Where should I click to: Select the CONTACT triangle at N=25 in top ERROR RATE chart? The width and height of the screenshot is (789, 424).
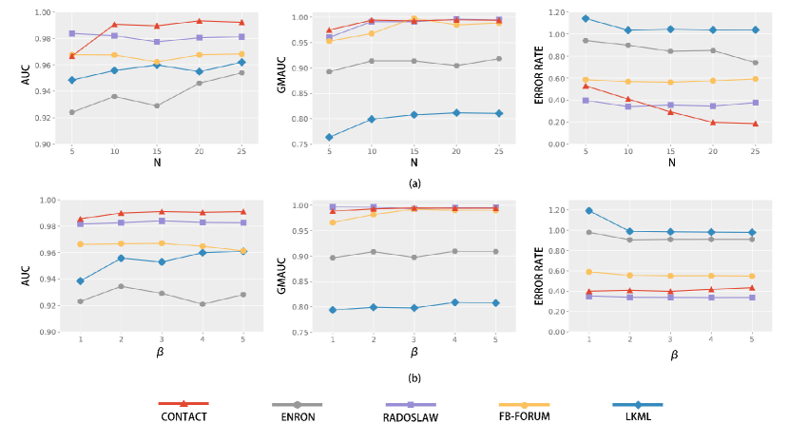pos(756,124)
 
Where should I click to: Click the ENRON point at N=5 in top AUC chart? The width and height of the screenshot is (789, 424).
pos(72,112)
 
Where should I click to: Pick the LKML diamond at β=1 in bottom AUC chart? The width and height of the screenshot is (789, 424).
pos(80,280)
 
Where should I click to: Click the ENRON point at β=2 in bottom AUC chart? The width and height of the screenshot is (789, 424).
pos(121,286)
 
